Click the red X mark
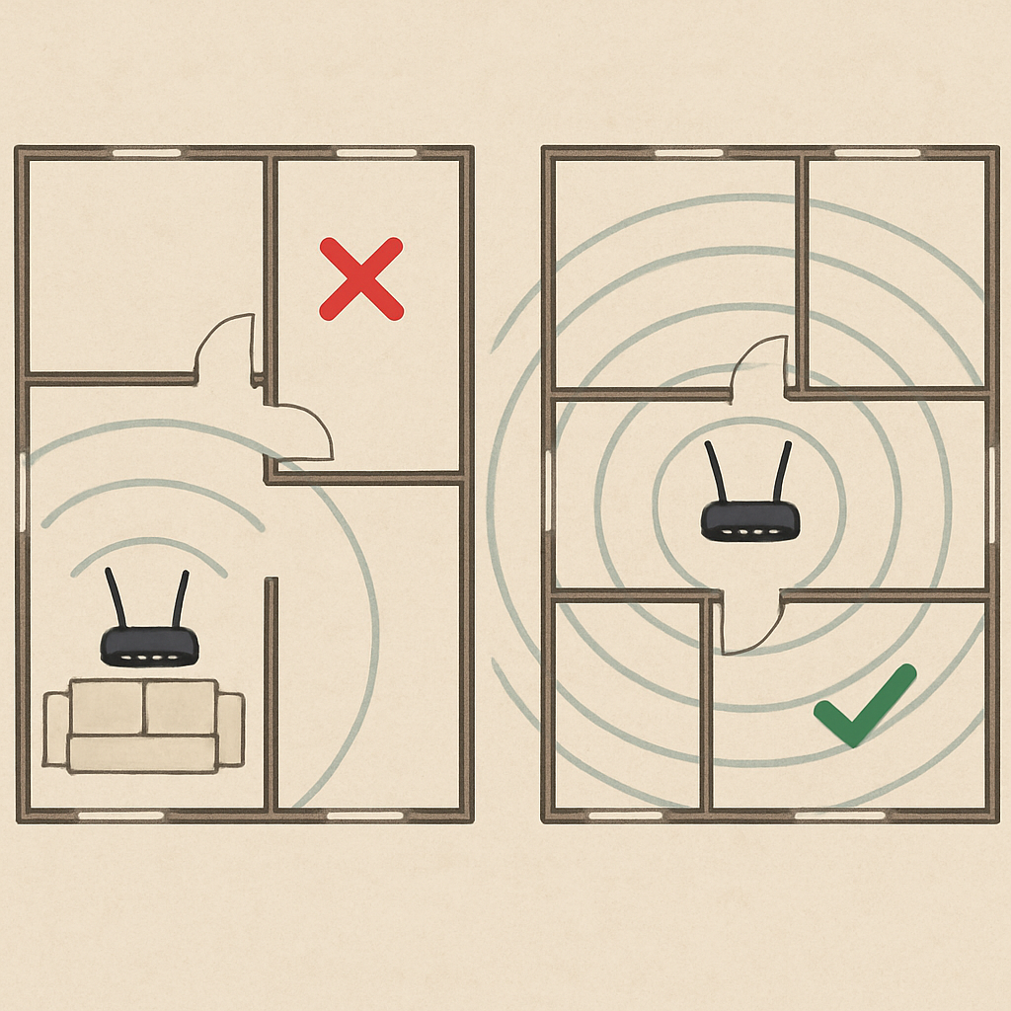[361, 278]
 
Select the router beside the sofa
[149, 646]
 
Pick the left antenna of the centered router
[715, 472]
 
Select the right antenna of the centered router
[782, 472]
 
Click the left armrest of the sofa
[57, 729]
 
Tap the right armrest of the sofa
[230, 729]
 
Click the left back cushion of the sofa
[107, 706]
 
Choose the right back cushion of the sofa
[181, 706]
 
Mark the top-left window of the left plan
[146, 153]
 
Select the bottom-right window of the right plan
[839, 816]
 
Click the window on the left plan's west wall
[22, 492]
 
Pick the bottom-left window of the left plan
[120, 816]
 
